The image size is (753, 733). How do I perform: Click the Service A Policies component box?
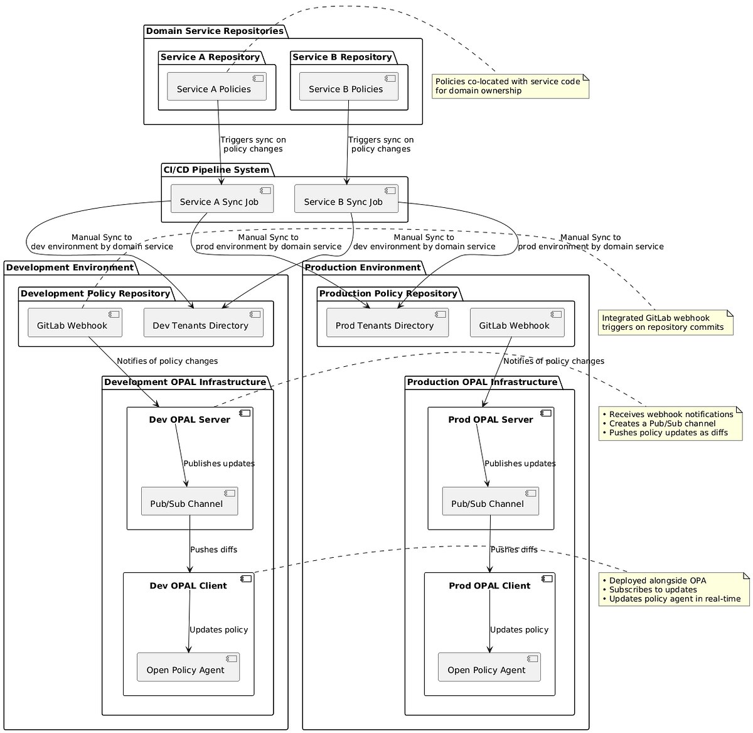click(216, 87)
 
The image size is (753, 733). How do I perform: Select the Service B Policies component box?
click(349, 87)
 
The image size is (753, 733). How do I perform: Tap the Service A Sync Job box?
click(222, 198)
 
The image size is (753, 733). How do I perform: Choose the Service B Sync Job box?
click(346, 198)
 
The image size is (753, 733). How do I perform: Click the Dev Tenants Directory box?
click(203, 322)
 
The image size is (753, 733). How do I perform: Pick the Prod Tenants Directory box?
click(387, 322)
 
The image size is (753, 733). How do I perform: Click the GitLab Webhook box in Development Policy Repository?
click(75, 322)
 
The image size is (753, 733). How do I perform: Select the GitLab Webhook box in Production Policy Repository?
click(517, 322)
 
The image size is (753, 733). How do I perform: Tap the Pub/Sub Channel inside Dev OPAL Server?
click(190, 501)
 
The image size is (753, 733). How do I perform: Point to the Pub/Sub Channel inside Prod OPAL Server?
click(491, 501)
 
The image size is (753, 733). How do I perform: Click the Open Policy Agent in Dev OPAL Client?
click(188, 667)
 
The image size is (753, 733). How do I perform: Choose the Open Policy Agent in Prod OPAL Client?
click(489, 667)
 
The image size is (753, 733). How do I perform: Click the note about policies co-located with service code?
click(510, 86)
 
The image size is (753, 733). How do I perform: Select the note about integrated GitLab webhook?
click(666, 322)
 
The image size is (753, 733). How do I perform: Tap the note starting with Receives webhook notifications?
click(671, 423)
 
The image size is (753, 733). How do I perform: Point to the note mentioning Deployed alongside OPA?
click(674, 589)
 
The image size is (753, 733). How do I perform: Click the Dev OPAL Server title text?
click(190, 420)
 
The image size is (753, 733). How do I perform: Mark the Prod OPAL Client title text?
click(489, 585)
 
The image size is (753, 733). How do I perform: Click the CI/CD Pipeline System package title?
click(216, 170)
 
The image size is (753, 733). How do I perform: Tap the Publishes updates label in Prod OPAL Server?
click(520, 464)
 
